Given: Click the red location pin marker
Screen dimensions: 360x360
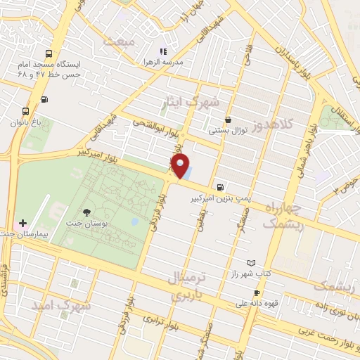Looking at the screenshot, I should click(181, 167).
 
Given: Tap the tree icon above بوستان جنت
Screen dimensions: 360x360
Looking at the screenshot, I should click(86, 212).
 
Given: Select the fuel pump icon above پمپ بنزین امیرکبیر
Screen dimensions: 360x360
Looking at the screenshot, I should click(221, 187).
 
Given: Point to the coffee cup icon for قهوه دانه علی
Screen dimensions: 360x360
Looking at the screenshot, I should click(257, 292).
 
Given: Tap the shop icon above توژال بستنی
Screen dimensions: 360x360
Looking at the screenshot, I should click(228, 120).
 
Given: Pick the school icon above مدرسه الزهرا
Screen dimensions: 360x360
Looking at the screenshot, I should click(163, 51).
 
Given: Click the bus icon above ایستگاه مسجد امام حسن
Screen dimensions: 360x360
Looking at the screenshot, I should click(48, 53).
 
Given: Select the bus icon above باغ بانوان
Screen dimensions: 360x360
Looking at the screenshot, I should click(26, 111).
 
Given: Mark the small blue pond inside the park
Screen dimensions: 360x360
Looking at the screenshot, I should click(134, 222).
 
